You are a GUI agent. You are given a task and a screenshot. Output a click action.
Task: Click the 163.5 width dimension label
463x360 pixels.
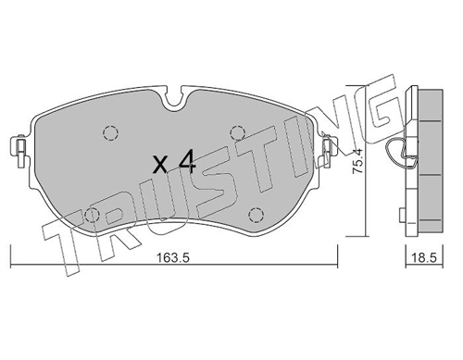pyautogui.click(x=172, y=258)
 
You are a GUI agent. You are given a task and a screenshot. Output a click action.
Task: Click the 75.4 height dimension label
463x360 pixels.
pyautogui.click(x=357, y=161)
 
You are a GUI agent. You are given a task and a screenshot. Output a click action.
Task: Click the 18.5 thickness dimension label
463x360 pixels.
pyautogui.click(x=425, y=258)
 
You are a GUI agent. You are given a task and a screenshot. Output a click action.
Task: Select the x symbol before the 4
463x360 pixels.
pyautogui.click(x=160, y=165)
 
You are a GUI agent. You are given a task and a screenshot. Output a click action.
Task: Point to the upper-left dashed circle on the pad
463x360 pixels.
pyautogui.click(x=110, y=133)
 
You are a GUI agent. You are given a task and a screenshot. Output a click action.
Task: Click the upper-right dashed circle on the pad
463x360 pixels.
pyautogui.click(x=237, y=133)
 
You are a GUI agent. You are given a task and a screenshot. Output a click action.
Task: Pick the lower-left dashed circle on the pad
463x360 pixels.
pyautogui.click(x=92, y=215)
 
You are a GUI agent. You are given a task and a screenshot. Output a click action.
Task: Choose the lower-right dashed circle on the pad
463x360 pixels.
pyautogui.click(x=257, y=215)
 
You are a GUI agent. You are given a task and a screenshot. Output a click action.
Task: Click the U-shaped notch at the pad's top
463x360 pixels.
pyautogui.click(x=175, y=100)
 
